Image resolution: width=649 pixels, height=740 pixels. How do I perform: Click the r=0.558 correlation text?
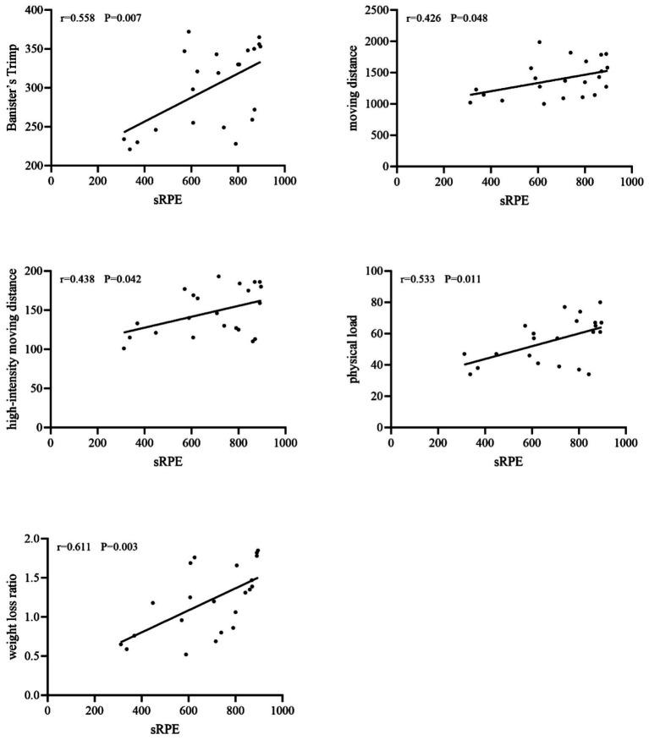click(x=77, y=17)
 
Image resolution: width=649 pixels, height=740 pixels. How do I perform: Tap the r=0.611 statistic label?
click(x=74, y=547)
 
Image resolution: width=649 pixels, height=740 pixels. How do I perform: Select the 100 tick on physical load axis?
click(x=371, y=271)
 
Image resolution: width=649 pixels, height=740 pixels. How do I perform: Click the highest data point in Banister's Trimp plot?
click(x=189, y=32)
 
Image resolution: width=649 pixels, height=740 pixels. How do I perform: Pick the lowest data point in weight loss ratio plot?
click(x=186, y=654)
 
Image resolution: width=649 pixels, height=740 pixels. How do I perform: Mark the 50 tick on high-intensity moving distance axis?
click(x=36, y=388)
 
